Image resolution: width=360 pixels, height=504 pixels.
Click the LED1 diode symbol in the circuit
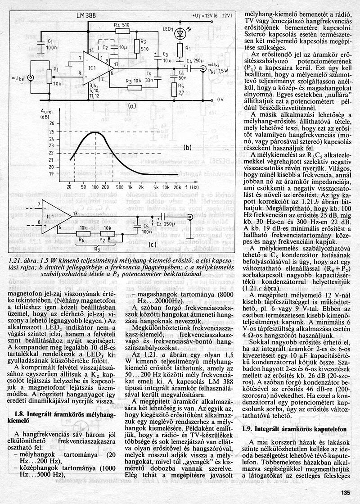point(180,33)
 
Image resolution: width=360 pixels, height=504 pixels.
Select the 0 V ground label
point(221,100)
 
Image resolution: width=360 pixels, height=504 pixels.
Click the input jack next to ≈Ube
point(30,78)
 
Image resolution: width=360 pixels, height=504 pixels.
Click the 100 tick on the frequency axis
point(94,186)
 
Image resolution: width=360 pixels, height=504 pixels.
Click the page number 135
point(345,492)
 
